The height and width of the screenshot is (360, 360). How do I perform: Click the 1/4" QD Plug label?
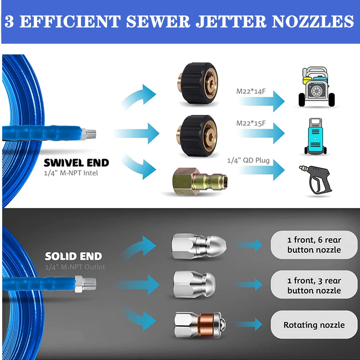(x=248, y=160)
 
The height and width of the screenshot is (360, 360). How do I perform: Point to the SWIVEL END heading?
(x=76, y=163)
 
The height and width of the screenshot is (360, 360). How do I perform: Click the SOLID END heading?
(x=73, y=256)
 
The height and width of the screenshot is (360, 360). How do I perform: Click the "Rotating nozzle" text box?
(x=314, y=325)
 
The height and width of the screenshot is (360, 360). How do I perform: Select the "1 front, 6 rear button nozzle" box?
(x=314, y=245)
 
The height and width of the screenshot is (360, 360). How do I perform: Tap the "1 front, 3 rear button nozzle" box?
(x=314, y=285)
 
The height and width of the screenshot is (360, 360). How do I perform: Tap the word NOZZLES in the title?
(x=312, y=22)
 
